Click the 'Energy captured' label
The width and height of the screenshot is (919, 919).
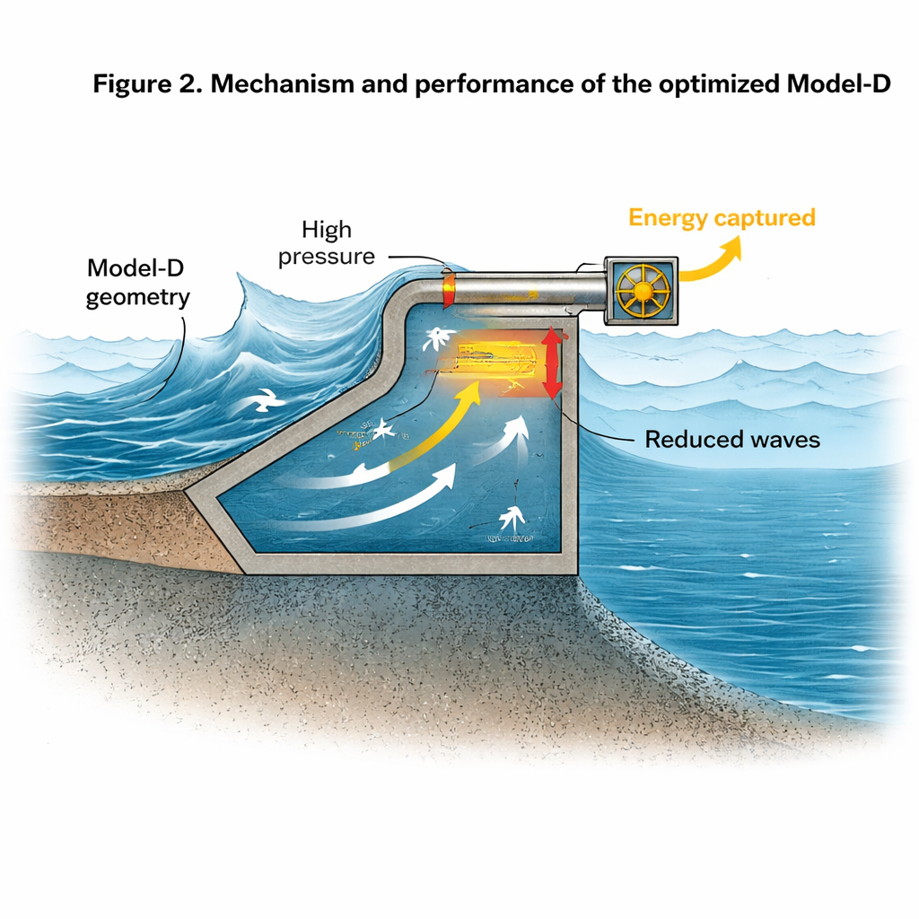[722, 218]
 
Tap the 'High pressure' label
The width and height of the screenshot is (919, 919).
[326, 242]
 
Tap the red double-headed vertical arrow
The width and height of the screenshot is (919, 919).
[552, 363]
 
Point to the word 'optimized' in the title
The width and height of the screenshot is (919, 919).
[687, 86]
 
